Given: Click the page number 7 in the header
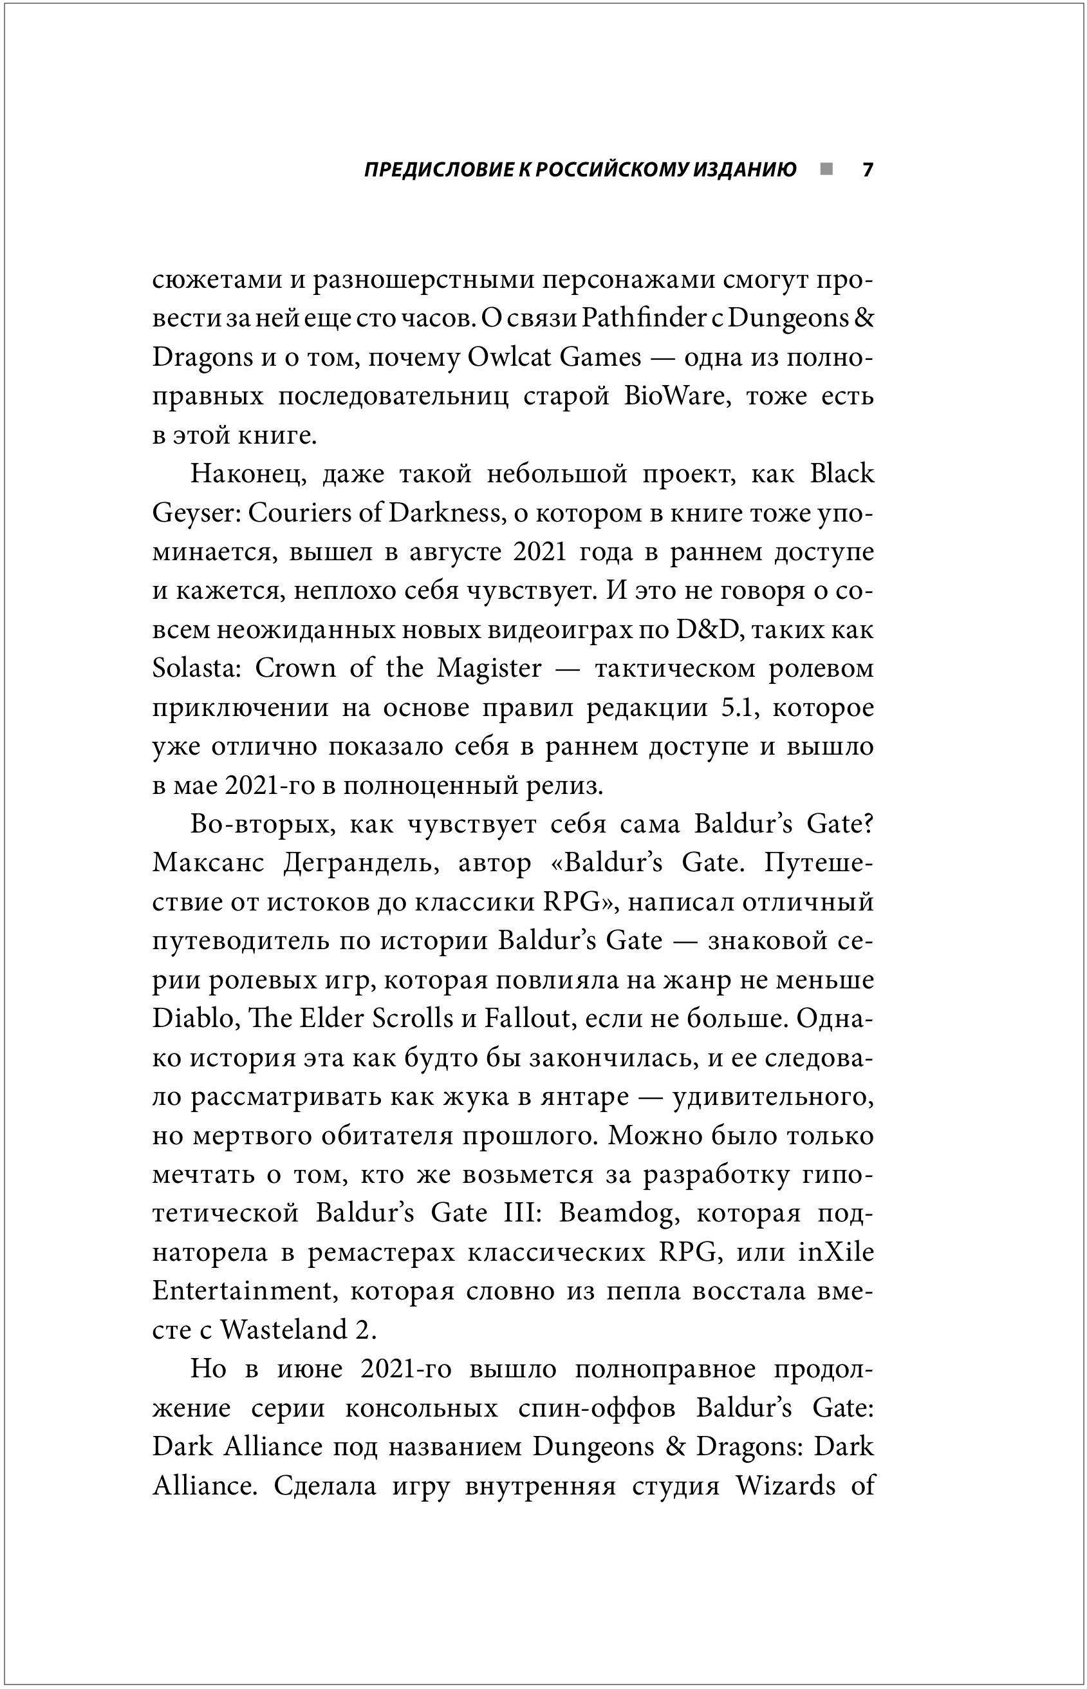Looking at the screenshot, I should [868, 170].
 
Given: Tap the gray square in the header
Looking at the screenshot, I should [826, 169].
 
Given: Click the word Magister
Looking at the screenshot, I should [489, 668].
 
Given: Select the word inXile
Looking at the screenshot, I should [837, 1251].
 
